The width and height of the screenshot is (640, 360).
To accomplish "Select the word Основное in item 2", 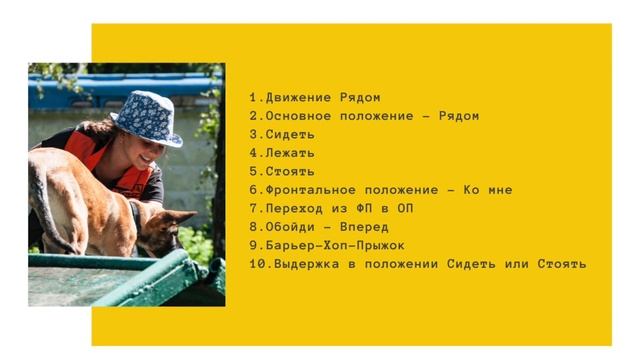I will coord(299,116).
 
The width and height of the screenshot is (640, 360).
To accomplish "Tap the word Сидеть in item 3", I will coord(290,134).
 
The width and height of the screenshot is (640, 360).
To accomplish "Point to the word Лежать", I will coord(290,153).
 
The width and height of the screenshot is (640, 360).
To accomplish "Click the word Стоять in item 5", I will coord(290,171).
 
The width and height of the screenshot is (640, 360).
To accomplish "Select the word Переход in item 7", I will coord(294,208).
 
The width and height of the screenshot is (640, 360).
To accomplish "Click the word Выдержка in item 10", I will coord(304,264).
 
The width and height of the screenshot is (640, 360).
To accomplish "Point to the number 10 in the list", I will coord(257,264).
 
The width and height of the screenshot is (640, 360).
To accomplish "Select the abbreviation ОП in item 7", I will coord(405,208).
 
